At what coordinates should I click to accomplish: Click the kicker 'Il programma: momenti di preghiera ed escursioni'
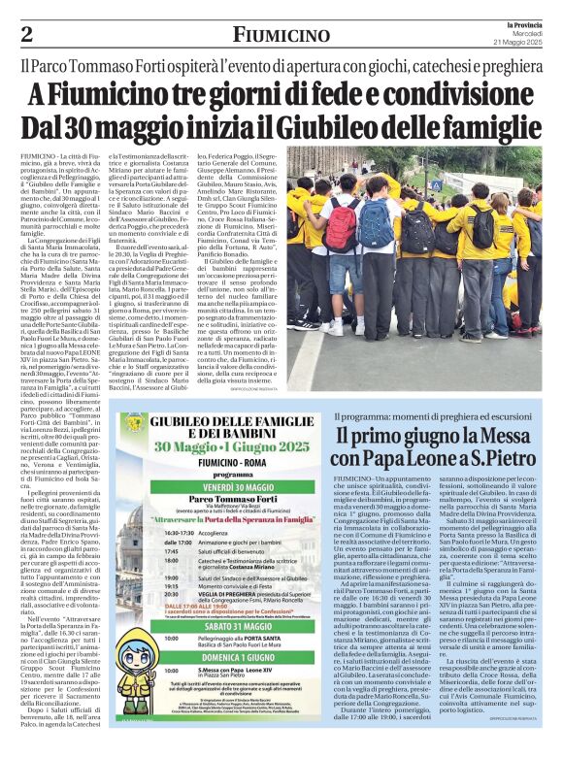440,415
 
